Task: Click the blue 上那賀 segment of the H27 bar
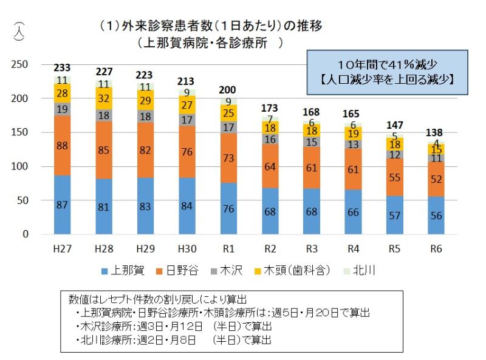point(63,205)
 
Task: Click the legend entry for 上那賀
point(122,271)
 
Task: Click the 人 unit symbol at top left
point(20,30)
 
